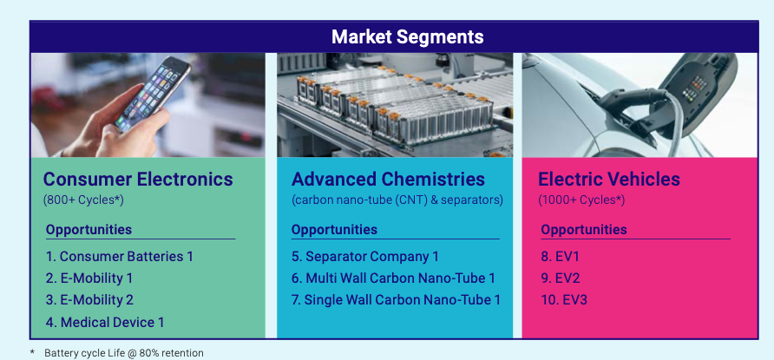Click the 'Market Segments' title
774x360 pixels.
tap(407, 37)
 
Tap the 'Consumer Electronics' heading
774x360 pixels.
tap(138, 179)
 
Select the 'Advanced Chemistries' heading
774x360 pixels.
tap(389, 179)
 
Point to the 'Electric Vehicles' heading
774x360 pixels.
tap(609, 179)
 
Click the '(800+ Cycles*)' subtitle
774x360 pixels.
tap(83, 200)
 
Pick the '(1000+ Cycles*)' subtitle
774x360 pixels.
tap(581, 200)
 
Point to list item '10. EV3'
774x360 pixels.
tap(564, 300)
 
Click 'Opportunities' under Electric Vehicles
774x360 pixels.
tap(584, 230)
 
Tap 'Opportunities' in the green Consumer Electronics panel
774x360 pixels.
tap(89, 230)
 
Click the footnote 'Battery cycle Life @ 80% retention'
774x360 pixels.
tap(124, 353)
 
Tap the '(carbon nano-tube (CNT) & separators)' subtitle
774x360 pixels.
tap(397, 200)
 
